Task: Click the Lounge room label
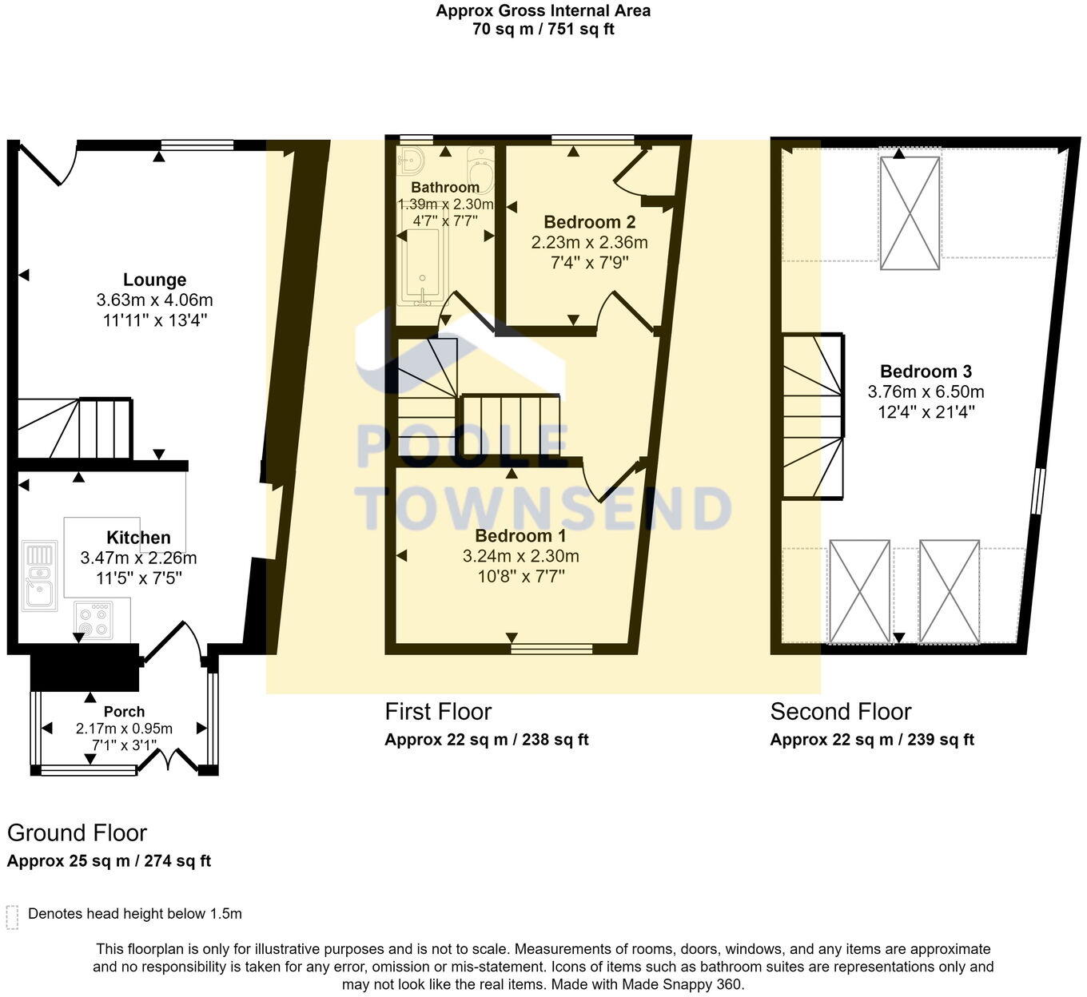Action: click(154, 280)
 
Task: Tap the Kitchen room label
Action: click(138, 538)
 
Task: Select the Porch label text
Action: click(124, 711)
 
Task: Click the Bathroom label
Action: click(445, 187)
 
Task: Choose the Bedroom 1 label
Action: click(520, 535)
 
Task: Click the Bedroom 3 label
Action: click(926, 371)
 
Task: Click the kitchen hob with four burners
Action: click(94, 621)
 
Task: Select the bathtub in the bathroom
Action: click(420, 268)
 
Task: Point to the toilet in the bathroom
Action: click(481, 169)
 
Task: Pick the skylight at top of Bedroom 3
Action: click(910, 213)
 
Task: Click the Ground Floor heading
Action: click(77, 832)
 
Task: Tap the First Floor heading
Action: click(438, 711)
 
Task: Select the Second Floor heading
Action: click(840, 711)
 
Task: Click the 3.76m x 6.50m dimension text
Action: click(926, 392)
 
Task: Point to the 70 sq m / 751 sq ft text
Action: click(543, 30)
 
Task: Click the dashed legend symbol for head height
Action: click(12, 917)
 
